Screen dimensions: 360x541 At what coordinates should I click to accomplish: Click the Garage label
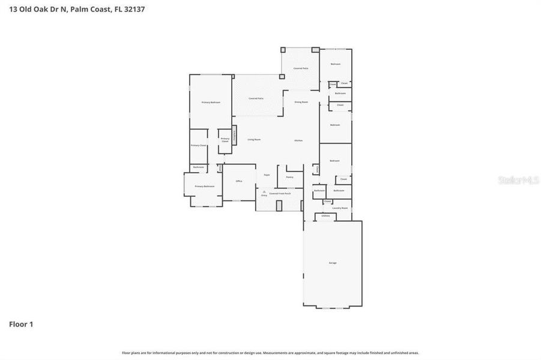[x=332, y=263]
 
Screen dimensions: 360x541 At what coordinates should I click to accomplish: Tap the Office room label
[x=238, y=181]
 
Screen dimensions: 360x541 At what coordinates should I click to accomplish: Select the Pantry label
[x=289, y=177]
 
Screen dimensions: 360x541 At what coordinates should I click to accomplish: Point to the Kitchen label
[x=298, y=140]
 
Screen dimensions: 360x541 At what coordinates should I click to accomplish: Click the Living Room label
[x=254, y=139]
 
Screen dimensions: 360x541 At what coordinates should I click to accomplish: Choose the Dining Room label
[x=301, y=102]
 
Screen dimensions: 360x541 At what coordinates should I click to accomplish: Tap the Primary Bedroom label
[x=210, y=103]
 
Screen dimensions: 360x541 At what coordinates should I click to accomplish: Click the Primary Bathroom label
[x=204, y=187]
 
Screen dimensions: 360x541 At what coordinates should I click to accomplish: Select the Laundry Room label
[x=340, y=208]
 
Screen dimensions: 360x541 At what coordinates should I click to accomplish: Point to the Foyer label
[x=267, y=175]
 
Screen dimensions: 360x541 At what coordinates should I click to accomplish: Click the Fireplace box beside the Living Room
[x=235, y=135]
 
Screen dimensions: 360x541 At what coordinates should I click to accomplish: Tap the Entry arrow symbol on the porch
[x=264, y=191]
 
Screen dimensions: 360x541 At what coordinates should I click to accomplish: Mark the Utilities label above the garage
[x=325, y=216]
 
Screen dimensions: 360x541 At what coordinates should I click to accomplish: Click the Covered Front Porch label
[x=280, y=193]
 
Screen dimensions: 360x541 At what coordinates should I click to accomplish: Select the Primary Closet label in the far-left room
[x=199, y=145]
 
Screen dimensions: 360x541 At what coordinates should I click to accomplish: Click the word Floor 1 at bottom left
[x=21, y=324]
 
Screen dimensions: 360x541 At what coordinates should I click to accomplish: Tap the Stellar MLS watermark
[x=522, y=179]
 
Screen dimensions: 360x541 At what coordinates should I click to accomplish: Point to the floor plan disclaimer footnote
[x=270, y=353]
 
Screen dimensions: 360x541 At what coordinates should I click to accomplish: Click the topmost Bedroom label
[x=335, y=64]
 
